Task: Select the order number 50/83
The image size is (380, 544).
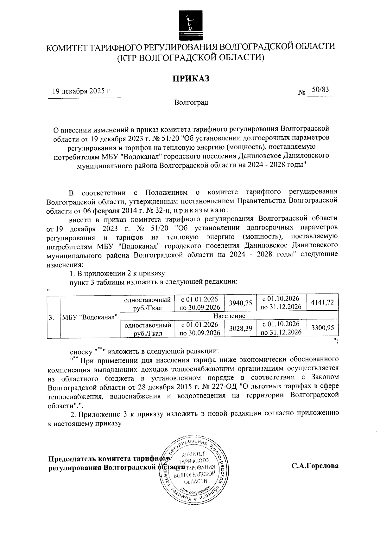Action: point(320,90)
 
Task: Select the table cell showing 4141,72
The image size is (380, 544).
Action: point(322,302)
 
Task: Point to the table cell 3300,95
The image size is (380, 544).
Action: point(322,328)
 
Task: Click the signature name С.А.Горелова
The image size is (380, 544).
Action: point(315,466)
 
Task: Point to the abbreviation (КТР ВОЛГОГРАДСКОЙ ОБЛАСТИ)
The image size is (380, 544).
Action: point(191,57)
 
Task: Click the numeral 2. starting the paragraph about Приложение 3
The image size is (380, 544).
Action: point(73,414)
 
